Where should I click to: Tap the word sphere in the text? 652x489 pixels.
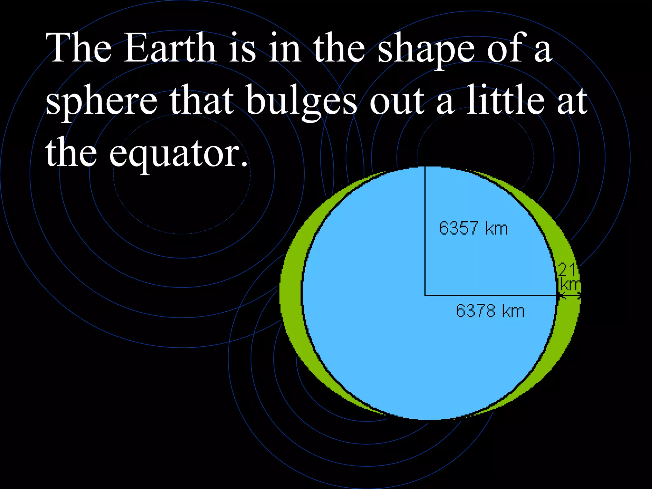pyautogui.click(x=101, y=101)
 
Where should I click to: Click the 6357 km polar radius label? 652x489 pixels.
pyautogui.click(x=473, y=228)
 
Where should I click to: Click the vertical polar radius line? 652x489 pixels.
pyautogui.click(x=425, y=232)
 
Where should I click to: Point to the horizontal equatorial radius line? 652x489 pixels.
pyautogui.click(x=490, y=295)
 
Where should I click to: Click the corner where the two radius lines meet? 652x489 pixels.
pyautogui.click(x=425, y=295)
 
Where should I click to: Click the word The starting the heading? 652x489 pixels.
pyautogui.click(x=78, y=48)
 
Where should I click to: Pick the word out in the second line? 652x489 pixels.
pyautogui.click(x=397, y=101)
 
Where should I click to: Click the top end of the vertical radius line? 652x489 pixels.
pyautogui.click(x=425, y=167)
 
